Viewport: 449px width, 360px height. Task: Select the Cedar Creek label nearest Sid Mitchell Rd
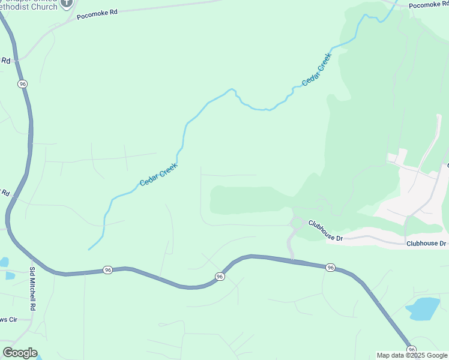[x=159, y=174]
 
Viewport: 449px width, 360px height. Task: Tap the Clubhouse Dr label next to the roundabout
[x=325, y=230]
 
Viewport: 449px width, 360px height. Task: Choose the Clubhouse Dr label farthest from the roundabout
[x=426, y=244]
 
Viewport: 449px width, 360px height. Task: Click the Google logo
[x=20, y=353]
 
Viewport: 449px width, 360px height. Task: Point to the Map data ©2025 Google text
[x=412, y=355]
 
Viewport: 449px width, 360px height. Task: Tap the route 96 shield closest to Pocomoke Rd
[x=23, y=84]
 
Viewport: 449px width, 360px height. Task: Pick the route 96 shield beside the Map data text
[x=411, y=349]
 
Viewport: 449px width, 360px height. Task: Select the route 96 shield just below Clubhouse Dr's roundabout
[x=330, y=267]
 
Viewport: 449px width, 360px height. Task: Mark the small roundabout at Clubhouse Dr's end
[x=295, y=223]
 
